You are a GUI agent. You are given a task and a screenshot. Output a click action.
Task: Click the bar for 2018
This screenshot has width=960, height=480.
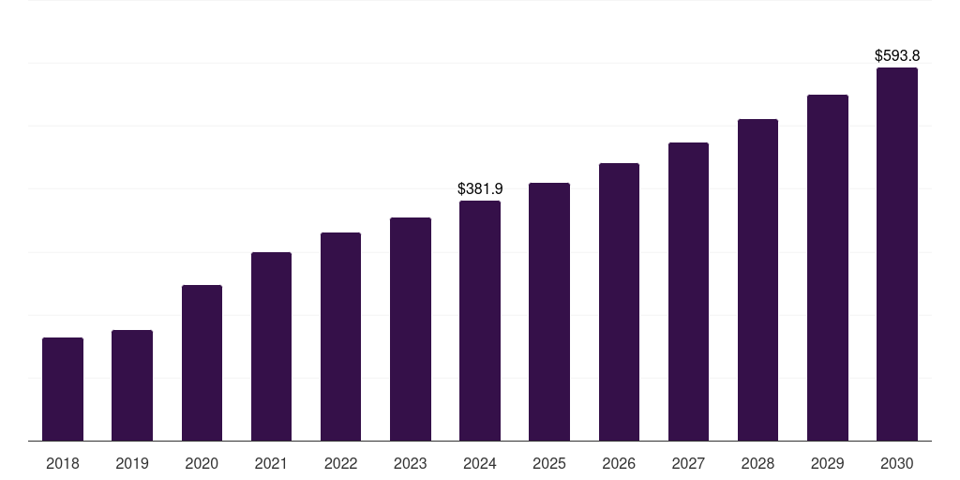click(63, 389)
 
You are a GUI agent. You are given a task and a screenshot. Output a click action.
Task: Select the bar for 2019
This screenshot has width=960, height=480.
click(132, 385)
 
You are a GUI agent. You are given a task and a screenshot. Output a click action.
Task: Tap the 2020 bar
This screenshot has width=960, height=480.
click(202, 363)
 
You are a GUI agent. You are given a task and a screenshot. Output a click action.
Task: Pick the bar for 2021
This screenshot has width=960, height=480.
click(271, 346)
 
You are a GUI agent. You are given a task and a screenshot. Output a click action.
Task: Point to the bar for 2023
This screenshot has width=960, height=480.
click(411, 329)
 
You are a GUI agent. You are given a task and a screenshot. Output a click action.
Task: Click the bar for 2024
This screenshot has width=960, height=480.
click(480, 321)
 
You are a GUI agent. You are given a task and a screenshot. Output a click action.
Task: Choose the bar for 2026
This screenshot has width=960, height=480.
click(619, 302)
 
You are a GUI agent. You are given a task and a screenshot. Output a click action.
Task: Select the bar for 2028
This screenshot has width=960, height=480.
click(757, 279)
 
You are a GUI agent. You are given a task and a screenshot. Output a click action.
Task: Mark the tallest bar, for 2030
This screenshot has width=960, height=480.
click(897, 254)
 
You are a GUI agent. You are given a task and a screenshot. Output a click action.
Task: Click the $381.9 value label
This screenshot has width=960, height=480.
click(480, 188)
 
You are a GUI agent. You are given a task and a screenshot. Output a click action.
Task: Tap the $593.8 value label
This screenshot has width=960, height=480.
click(897, 55)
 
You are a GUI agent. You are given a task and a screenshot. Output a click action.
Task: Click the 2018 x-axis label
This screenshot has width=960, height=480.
click(63, 463)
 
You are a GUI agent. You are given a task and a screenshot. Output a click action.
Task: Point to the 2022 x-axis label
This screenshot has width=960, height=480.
click(341, 463)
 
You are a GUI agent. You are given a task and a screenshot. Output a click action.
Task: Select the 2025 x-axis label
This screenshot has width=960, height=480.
click(549, 463)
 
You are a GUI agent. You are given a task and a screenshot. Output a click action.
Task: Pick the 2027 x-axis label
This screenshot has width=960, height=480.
click(688, 463)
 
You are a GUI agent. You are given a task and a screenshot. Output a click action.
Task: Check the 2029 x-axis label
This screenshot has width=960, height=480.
click(828, 463)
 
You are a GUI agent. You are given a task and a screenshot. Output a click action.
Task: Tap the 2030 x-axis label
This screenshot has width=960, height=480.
click(897, 463)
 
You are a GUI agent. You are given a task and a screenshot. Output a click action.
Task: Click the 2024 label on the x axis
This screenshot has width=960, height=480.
click(480, 463)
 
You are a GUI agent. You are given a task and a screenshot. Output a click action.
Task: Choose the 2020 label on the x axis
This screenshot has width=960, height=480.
click(202, 463)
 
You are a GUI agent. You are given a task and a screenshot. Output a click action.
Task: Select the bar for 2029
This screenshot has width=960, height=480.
click(828, 267)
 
